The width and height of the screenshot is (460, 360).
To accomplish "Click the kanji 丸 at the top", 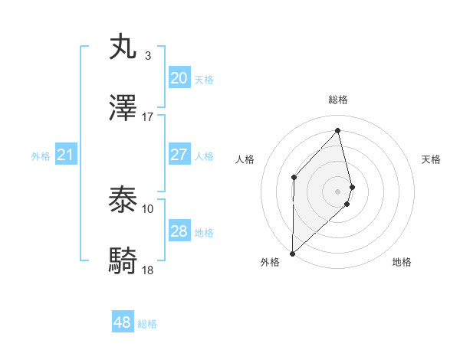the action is click(124, 47).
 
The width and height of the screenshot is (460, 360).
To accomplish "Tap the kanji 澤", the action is click(124, 109).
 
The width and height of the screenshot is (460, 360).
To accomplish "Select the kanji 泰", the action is click(124, 201).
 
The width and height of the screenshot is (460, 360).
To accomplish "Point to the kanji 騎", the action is click(124, 262).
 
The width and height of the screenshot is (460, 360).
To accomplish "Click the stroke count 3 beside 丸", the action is click(147, 56).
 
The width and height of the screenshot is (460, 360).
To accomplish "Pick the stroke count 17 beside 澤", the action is click(148, 117).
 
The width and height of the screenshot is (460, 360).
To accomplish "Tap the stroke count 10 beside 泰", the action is click(148, 208).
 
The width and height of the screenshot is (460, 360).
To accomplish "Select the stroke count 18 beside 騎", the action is click(148, 270).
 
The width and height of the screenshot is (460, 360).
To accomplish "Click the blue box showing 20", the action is click(179, 77).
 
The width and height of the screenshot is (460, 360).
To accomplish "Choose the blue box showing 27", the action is click(179, 155).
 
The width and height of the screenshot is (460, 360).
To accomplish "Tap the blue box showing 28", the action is click(179, 231).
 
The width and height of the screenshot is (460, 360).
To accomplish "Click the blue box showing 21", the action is click(65, 155).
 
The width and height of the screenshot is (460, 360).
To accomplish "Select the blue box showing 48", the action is click(122, 322).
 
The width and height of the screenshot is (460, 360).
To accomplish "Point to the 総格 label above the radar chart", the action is click(338, 100).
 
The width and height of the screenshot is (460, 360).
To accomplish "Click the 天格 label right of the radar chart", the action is click(432, 159).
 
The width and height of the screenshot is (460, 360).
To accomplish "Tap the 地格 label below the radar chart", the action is click(402, 262).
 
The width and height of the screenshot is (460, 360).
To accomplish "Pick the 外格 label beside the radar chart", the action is click(270, 262).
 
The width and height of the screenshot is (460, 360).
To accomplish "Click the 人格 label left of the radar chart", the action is click(245, 159).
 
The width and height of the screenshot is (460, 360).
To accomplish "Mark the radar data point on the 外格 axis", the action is click(292, 253).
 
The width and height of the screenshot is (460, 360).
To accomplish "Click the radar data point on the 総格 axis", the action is click(338, 131).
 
